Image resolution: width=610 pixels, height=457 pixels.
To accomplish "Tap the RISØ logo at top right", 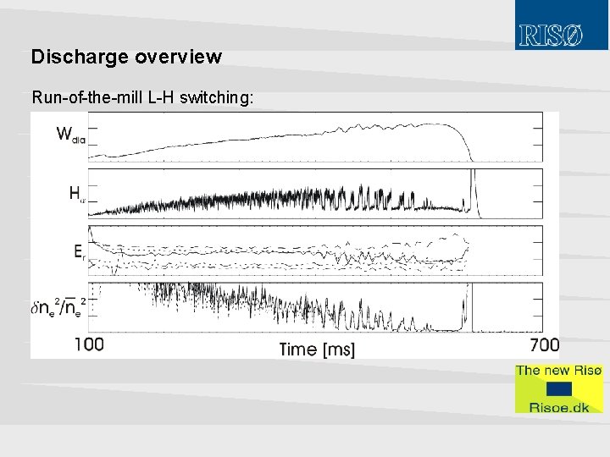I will click(x=551, y=36).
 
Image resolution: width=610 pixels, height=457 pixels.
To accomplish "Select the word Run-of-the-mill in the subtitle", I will click(x=87, y=97).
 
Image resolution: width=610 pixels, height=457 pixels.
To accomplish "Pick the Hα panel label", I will click(x=77, y=193).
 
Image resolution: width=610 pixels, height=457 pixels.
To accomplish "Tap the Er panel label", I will click(x=79, y=251).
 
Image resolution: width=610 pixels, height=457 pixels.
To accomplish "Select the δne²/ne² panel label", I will click(x=58, y=307).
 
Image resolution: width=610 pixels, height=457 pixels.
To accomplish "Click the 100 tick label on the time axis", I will click(x=90, y=344).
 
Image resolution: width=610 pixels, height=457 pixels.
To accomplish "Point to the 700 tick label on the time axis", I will click(x=544, y=344).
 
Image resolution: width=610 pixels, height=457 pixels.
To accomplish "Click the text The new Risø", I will click(x=558, y=370).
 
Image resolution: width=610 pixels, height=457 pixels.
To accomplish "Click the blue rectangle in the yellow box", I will click(x=558, y=388).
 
